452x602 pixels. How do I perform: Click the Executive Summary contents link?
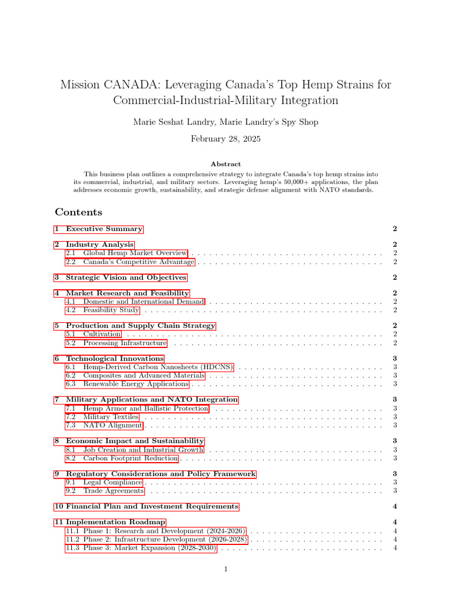[x=104, y=229]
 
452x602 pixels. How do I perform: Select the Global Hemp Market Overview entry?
[x=135, y=253]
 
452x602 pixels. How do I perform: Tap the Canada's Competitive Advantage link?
[x=138, y=262]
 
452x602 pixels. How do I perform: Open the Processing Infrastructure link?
[x=125, y=343]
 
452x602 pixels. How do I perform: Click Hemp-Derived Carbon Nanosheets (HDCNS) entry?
[x=158, y=367]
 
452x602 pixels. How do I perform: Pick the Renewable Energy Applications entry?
[x=135, y=384]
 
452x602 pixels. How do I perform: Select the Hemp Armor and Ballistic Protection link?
[x=145, y=409]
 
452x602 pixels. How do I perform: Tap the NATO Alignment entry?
[x=112, y=425]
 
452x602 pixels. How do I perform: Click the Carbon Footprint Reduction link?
[x=130, y=459]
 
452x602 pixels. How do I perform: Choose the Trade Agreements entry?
[x=113, y=491]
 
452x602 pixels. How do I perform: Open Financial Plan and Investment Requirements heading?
[x=152, y=506]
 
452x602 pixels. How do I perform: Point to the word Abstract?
[x=225, y=165]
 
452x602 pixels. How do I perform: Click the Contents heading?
[x=78, y=212]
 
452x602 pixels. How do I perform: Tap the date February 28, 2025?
[x=225, y=139]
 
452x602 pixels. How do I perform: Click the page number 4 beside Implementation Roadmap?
[x=395, y=522]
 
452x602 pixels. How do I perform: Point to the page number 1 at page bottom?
[x=225, y=569]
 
